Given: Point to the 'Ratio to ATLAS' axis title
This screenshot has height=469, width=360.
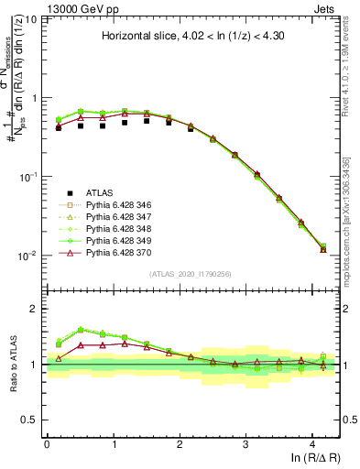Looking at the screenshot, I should point(13,364).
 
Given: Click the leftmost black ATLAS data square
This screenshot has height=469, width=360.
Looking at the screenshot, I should point(59,127).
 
